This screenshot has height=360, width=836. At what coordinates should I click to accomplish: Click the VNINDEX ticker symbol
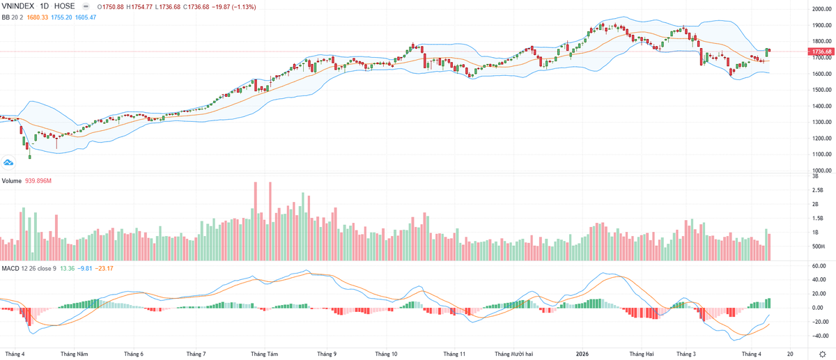point(18,6)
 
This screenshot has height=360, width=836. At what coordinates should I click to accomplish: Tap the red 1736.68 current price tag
point(821,52)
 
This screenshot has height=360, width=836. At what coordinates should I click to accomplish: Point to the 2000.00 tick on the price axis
point(821,9)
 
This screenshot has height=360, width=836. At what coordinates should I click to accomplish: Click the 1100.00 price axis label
point(821,154)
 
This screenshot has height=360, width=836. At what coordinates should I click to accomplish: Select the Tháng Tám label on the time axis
point(264,354)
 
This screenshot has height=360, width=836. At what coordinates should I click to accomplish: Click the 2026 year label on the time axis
point(582,354)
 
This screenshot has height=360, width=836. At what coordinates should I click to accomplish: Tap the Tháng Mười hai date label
point(514,354)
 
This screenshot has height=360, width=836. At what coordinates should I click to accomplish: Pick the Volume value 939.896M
point(38,181)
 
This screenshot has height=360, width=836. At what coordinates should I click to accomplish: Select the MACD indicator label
point(10,269)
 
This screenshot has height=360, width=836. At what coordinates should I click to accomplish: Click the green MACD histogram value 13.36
point(67,269)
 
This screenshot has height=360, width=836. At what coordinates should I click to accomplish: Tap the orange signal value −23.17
point(104,269)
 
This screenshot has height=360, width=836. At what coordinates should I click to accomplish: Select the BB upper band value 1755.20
point(61,17)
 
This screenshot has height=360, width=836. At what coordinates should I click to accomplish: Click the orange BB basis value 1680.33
point(38,17)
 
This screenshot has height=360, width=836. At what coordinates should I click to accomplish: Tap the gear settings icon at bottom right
point(822,354)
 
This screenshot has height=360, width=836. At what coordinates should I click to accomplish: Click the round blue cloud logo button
point(8,163)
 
